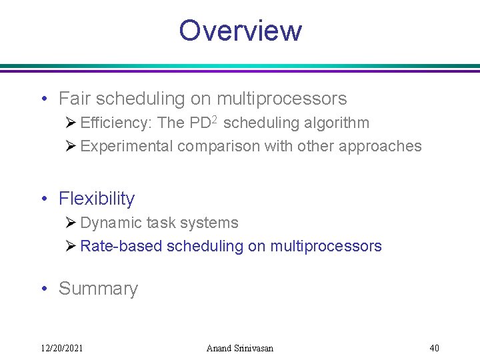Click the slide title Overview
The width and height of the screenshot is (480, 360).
[x=240, y=31]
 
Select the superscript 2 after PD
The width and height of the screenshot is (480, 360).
[x=216, y=120]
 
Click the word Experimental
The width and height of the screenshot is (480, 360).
[x=126, y=147]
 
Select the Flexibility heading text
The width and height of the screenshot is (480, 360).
[x=97, y=199]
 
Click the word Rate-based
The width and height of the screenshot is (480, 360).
[x=121, y=246]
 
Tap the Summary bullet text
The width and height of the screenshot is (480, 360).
[x=98, y=289]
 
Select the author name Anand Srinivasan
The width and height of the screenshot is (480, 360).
[x=240, y=348]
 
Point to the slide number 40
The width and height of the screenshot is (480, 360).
[x=434, y=348]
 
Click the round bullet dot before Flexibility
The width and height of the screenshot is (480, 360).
[x=43, y=199]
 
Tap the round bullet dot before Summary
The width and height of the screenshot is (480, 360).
[x=43, y=289]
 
